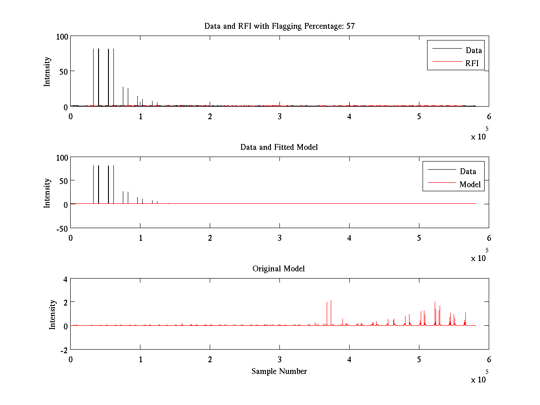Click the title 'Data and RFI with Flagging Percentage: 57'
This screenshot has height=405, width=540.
(279, 26)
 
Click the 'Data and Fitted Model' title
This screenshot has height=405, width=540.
(279, 147)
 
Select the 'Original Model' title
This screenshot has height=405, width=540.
(279, 269)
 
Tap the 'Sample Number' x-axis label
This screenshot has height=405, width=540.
(279, 371)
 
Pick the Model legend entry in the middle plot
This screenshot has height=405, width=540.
(470, 184)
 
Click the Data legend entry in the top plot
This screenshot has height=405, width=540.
(473, 50)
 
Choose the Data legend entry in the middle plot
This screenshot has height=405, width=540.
(468, 171)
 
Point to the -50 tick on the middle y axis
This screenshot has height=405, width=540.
(61, 228)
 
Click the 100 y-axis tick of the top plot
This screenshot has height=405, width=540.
(62, 36)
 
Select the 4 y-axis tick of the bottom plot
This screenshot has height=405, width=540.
(65, 279)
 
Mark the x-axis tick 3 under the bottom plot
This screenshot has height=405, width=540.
(279, 360)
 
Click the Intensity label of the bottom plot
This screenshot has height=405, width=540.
(53, 315)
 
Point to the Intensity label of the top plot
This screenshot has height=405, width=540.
(47, 72)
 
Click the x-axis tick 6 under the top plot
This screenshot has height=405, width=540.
(489, 117)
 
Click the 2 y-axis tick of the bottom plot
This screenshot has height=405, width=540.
(65, 302)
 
